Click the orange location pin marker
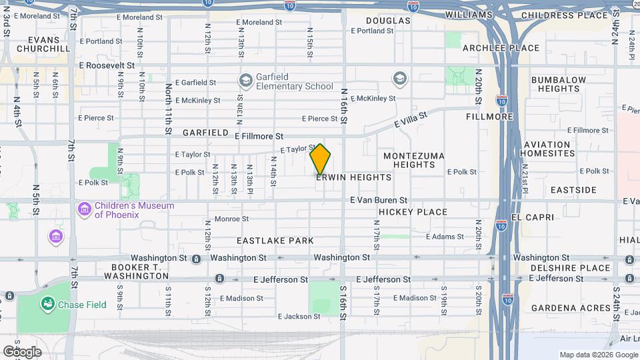[x=321, y=159]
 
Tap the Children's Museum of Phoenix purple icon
[x=84, y=210]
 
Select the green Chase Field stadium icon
[x=47, y=305]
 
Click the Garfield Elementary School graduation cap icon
[x=245, y=81]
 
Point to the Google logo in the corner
[x=22, y=351]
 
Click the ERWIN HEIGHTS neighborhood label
[x=353, y=178]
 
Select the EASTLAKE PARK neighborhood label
[x=275, y=240]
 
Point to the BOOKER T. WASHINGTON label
[x=127, y=271]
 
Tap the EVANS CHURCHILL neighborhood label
[x=43, y=44]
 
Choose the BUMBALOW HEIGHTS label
[x=559, y=84]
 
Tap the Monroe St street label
[x=231, y=219]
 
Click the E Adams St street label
[x=445, y=237]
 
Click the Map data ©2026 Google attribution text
[x=598, y=355]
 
